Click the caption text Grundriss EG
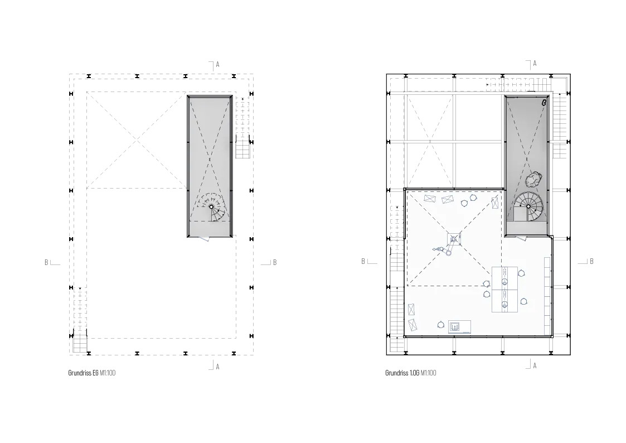click(83, 373)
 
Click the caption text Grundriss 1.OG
click(402, 373)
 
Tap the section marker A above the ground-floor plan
click(217, 64)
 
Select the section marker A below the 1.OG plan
click(535, 365)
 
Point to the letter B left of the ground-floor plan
click(46, 262)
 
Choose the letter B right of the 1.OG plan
click(591, 261)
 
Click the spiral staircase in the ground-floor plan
click(212, 207)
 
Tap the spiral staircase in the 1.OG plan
click(528, 206)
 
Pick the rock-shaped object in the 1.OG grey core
click(532, 179)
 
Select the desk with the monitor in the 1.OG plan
click(459, 326)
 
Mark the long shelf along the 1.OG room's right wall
click(547, 296)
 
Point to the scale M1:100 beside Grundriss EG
click(108, 373)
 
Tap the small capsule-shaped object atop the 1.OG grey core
click(543, 103)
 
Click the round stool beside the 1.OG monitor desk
click(441, 325)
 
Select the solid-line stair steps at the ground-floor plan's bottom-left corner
click(80, 343)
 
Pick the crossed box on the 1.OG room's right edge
click(495, 203)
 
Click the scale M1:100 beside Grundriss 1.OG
click(428, 373)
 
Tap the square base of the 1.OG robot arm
click(454, 239)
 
